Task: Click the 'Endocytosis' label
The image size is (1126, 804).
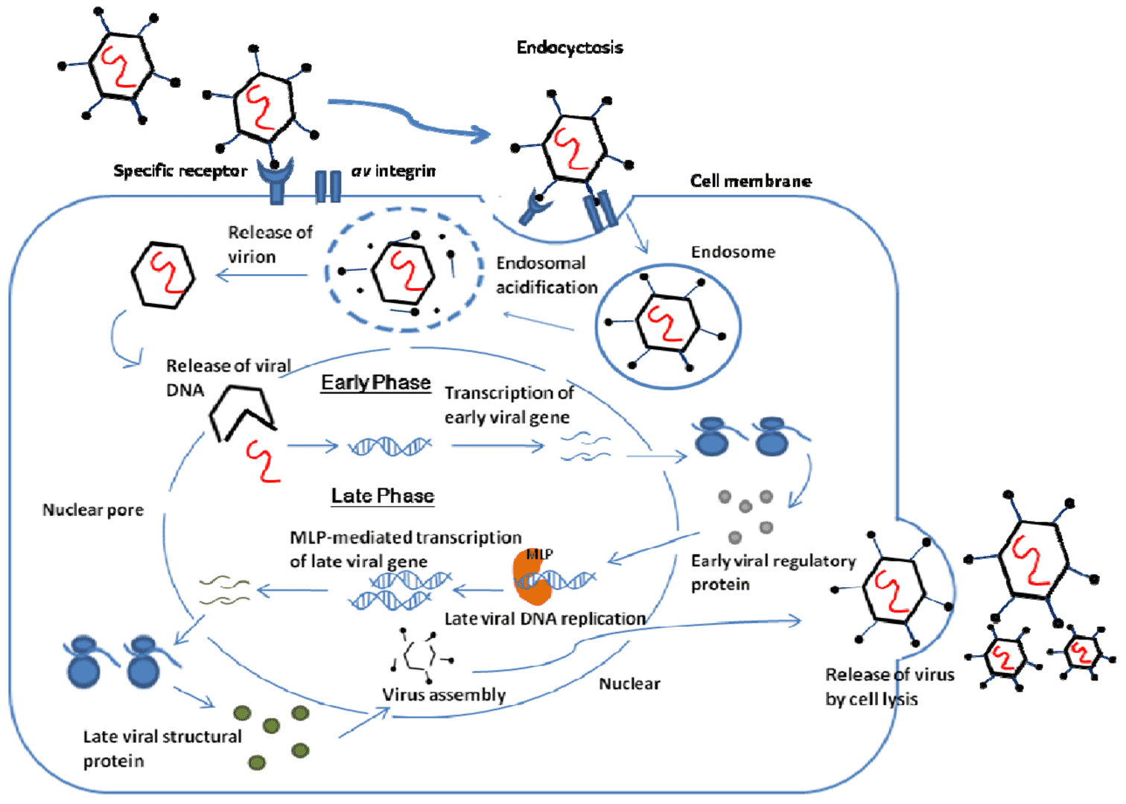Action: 570,48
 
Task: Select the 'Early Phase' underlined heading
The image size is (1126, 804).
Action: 375,383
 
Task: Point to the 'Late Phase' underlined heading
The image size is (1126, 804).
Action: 382,496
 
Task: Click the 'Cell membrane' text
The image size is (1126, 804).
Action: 750,181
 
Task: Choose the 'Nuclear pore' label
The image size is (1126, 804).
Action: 93,510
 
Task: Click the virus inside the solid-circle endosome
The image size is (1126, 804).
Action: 667,322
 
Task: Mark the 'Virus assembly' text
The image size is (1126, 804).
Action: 444,695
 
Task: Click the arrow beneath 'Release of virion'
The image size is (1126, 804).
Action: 261,276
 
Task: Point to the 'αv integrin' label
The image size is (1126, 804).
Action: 393,171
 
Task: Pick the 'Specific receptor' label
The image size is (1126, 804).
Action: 179,171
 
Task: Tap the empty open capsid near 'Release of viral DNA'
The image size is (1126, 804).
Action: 241,412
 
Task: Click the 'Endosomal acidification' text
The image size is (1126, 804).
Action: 546,275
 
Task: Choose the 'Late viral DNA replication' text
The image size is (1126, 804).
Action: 544,619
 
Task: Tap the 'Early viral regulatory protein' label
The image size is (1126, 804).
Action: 772,572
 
